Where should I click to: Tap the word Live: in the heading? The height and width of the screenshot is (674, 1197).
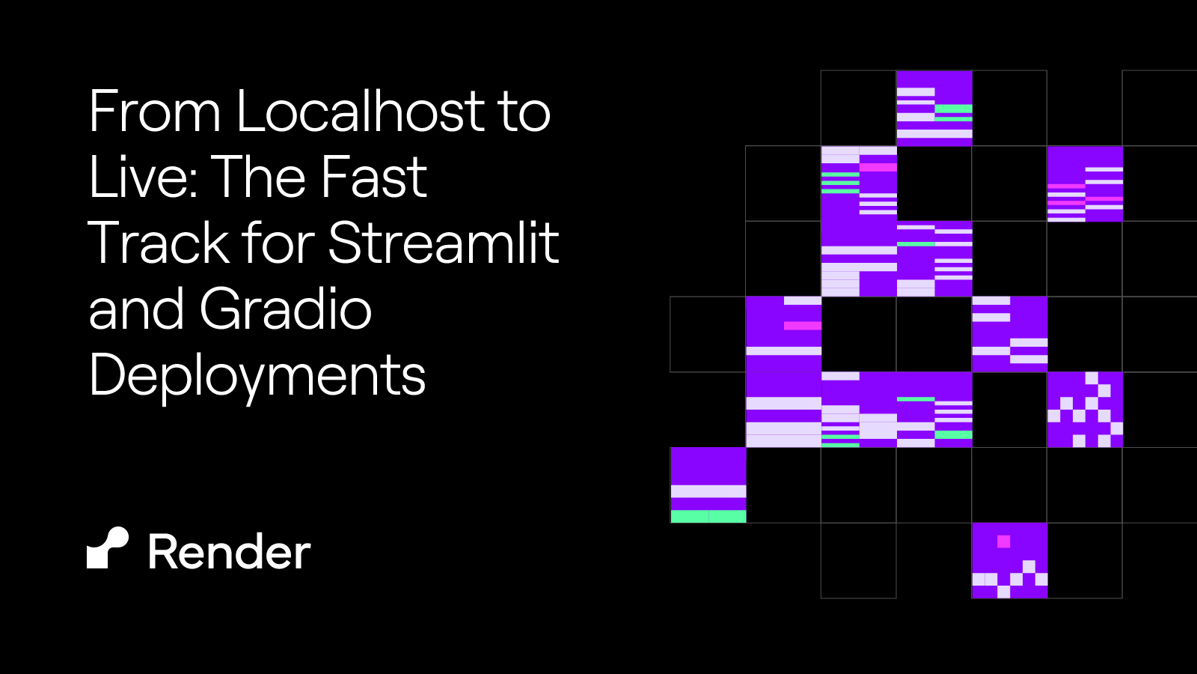pyautogui.click(x=143, y=177)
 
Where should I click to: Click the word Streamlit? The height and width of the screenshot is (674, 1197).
pyautogui.click(x=444, y=243)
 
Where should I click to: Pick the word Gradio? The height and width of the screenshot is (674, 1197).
pyautogui.click(x=286, y=309)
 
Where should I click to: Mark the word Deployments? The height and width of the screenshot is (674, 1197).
pyautogui.click(x=257, y=375)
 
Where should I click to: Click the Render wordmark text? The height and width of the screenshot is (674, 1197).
pyautogui.click(x=229, y=553)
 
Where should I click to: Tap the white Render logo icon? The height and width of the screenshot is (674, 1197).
pyautogui.click(x=108, y=548)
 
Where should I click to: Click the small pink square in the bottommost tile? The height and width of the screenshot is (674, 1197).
pyautogui.click(x=1004, y=541)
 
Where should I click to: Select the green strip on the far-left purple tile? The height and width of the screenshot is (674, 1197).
pyautogui.click(x=708, y=516)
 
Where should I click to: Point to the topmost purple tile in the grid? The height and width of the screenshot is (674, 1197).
pyautogui.click(x=934, y=108)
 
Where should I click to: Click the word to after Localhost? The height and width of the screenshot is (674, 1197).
pyautogui.click(x=524, y=112)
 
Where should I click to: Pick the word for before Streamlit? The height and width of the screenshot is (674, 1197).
pyautogui.click(x=280, y=243)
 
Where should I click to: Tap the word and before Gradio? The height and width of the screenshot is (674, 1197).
pyautogui.click(x=135, y=309)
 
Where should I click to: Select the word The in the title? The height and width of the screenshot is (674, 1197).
pyautogui.click(x=257, y=177)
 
